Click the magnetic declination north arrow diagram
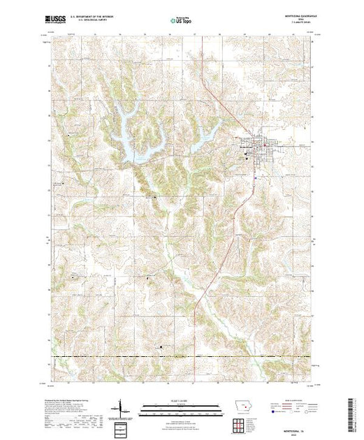(x=123, y=409)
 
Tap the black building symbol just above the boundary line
(x=163, y=348)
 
